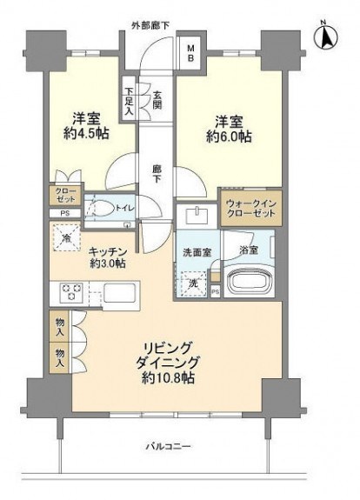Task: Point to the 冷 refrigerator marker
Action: [65, 237]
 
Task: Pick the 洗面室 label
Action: [196, 252]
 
